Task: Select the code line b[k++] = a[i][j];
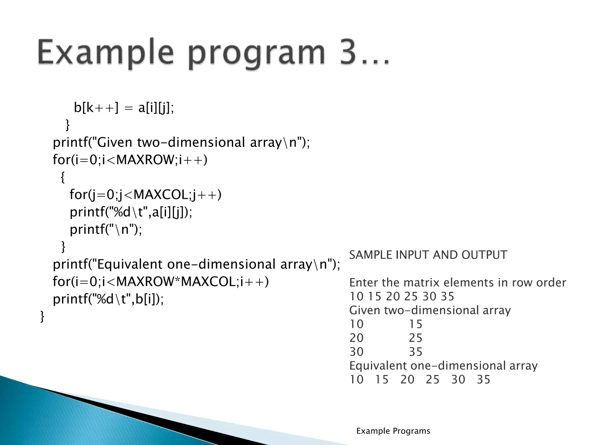pos(124,108)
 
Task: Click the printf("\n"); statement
pos(106,229)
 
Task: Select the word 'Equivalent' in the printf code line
pos(129,264)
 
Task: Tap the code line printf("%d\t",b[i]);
pos(108,299)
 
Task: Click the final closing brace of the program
pos(42,316)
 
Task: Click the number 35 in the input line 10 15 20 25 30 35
pos(447,296)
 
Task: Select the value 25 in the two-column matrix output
pos(416,338)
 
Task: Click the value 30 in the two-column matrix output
pos(356,352)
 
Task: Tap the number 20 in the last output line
pos(407,380)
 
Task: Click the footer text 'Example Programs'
pos(393,431)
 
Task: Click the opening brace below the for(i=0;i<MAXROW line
pos(63,177)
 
